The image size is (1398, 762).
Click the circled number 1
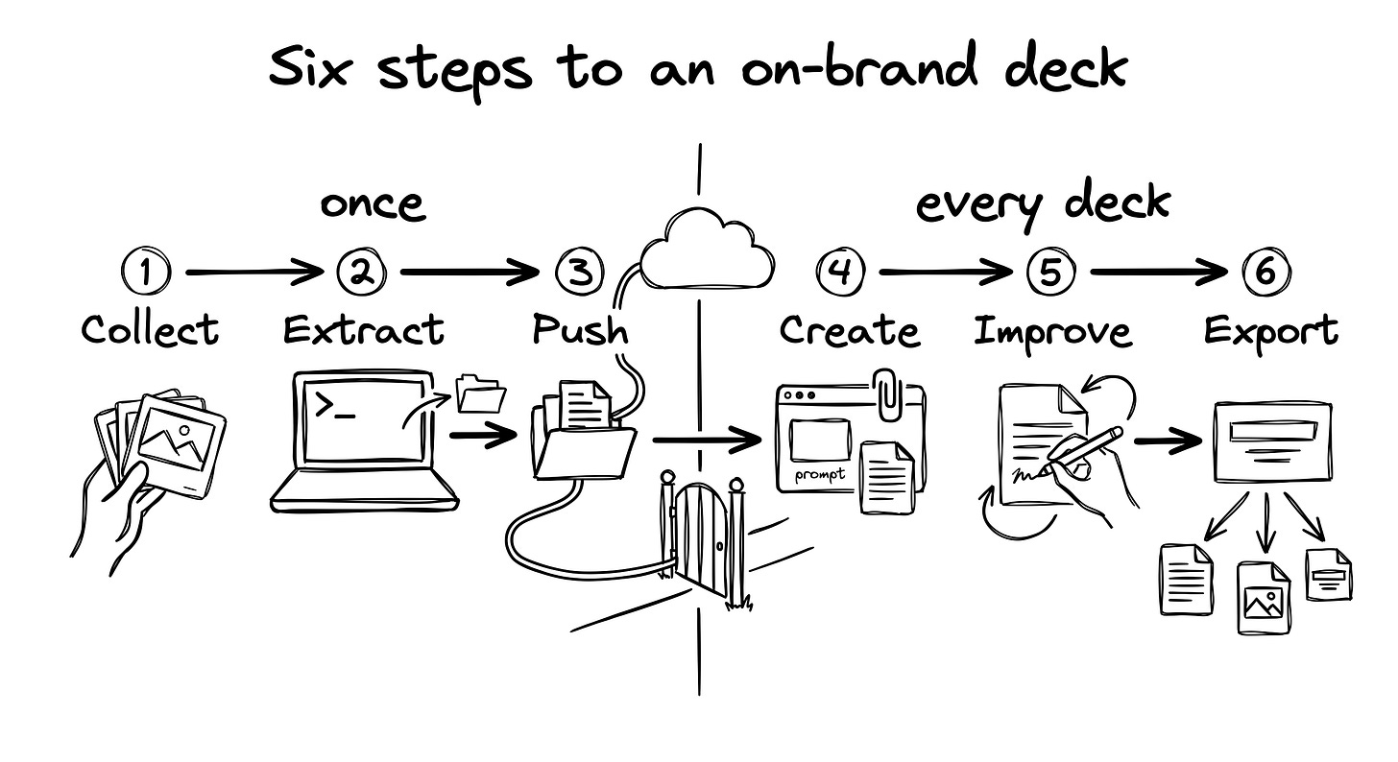tap(145, 272)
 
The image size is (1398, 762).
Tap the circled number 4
tap(841, 272)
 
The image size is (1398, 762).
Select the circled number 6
tap(1266, 272)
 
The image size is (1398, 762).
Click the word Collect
tap(150, 330)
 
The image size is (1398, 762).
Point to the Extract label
tap(363, 330)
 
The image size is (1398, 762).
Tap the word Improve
tap(1052, 331)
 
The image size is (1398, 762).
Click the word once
tap(373, 204)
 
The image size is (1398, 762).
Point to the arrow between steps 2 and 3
tap(470, 273)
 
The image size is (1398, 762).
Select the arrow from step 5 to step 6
tap(1159, 273)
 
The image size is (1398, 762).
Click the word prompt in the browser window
tap(820, 475)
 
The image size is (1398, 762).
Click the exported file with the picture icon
tap(1264, 599)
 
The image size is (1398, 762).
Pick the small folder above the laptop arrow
tap(480, 393)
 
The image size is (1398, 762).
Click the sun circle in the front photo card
tap(184, 430)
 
